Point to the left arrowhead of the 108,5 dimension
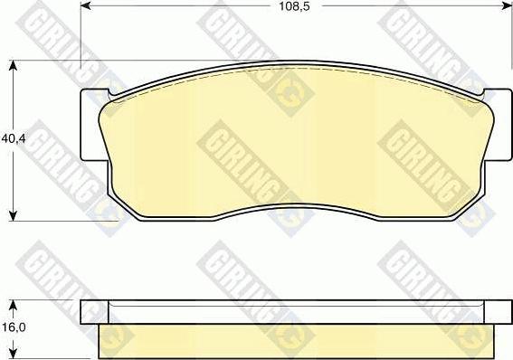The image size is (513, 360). tap(85, 6)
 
